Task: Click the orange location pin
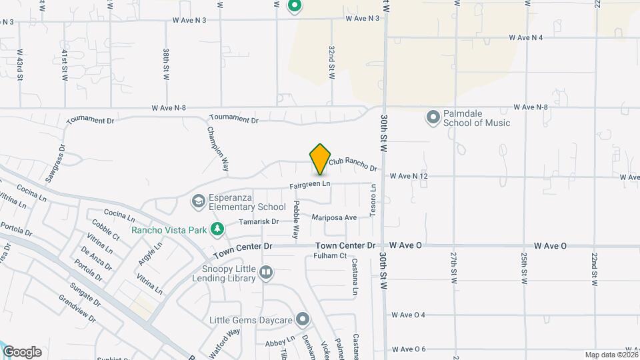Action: tap(320, 159)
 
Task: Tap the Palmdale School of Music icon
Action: tap(433, 117)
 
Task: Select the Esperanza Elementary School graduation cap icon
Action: tap(198, 201)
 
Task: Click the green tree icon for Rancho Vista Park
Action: tap(217, 230)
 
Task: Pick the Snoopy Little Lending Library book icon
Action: tap(266, 271)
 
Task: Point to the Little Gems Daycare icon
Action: tap(303, 320)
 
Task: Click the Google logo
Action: tap(22, 352)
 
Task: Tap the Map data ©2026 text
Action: tap(611, 355)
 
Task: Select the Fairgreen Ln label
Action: tap(310, 184)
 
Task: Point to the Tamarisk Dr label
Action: tap(258, 221)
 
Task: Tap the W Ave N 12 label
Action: tap(409, 176)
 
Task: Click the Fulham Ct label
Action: tap(331, 255)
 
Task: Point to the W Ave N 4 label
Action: tap(525, 37)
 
